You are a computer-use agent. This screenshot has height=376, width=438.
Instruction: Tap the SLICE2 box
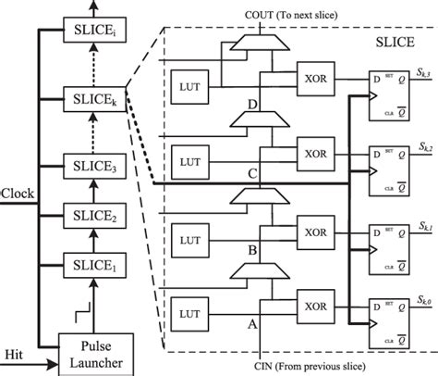(91, 217)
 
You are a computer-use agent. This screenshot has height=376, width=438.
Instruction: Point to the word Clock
(18, 195)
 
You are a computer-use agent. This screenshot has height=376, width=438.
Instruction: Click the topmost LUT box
(191, 87)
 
